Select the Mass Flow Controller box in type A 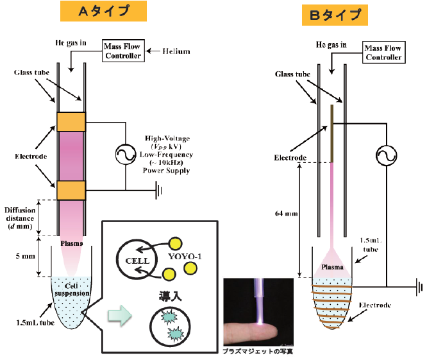pyautogui.click(x=122, y=50)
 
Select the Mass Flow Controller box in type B pyautogui.click(x=383, y=52)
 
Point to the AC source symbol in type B pyautogui.click(x=386, y=157)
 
